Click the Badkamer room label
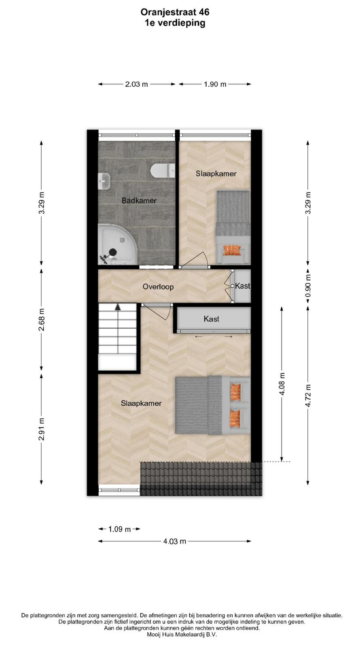pyautogui.click(x=139, y=200)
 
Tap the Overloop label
pyautogui.click(x=158, y=287)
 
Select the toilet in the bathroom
pyautogui.click(x=163, y=170)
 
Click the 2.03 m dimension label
pyautogui.click(x=136, y=84)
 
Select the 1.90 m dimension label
pyautogui.click(x=215, y=84)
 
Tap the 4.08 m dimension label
pyautogui.click(x=282, y=384)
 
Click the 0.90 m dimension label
pyautogui.click(x=308, y=286)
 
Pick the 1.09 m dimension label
pyautogui.click(x=119, y=529)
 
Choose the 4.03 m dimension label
pyautogui.click(x=174, y=541)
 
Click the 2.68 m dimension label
pyautogui.click(x=42, y=320)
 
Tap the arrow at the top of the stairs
pyautogui.click(x=118, y=307)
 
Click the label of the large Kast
pyautogui.click(x=212, y=319)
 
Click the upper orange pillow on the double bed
pyautogui.click(x=235, y=392)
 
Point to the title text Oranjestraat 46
pyautogui.click(x=175, y=12)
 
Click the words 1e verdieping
pyautogui.click(x=175, y=23)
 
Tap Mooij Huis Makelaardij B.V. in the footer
pyautogui.click(x=182, y=634)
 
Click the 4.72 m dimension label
pyautogui.click(x=308, y=396)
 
